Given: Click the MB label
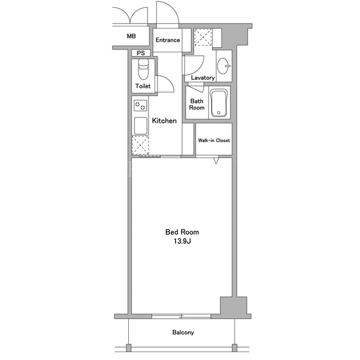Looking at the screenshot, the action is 131,36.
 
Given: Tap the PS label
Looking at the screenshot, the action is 141,53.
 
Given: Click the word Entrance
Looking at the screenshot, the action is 168,40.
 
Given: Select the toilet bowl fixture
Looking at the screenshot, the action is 143,69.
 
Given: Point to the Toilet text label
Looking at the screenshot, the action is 143,86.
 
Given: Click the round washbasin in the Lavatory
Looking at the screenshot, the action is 223,66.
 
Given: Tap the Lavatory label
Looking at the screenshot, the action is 202,78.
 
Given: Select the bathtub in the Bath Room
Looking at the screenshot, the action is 219,103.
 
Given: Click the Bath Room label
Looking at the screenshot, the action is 197,104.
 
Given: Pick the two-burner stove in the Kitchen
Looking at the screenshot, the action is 140,106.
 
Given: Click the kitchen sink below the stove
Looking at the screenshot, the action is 141,126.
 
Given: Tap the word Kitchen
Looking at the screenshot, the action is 164,121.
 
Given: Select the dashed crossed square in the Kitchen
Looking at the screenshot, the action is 140,145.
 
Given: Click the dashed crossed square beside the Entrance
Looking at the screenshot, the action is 203,37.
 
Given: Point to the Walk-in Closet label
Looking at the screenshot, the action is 214,140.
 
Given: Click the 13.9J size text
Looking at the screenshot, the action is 182,241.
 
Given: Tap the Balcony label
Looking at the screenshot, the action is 183,332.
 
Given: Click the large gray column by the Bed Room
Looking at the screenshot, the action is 233,305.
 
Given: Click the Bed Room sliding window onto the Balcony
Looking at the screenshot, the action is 181,316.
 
